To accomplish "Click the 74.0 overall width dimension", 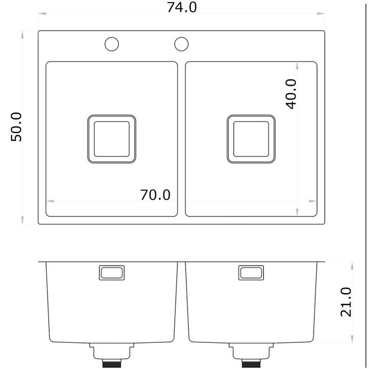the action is pos(181,7).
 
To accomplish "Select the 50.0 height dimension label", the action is pos(16,127).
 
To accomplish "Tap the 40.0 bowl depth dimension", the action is pos(291,94).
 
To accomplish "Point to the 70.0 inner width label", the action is pos(155,195).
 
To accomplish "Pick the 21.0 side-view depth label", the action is pos(346,302).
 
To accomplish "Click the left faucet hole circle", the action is pos(112,44).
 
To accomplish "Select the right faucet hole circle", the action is pos(181,44).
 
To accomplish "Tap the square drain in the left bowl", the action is pos(112,139).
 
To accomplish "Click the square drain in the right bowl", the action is pos(251,139).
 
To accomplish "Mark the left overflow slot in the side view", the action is pos(112,273).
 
